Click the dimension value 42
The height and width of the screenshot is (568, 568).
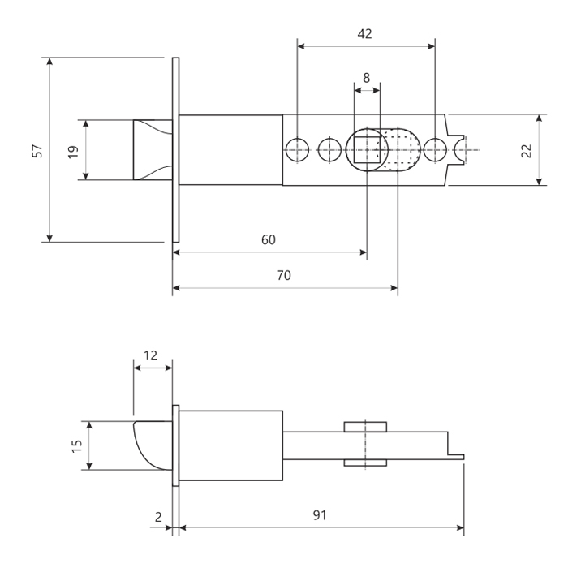pyautogui.click(x=364, y=34)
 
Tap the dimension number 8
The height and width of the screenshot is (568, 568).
pyautogui.click(x=366, y=78)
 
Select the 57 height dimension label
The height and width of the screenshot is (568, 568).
pyautogui.click(x=37, y=151)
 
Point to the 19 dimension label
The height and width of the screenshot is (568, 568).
pyautogui.click(x=73, y=151)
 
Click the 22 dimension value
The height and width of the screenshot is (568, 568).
pyautogui.click(x=527, y=151)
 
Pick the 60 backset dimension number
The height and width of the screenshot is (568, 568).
pyautogui.click(x=269, y=240)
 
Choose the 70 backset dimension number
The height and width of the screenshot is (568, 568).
pyautogui.click(x=284, y=276)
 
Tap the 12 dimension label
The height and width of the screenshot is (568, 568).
pyautogui.click(x=150, y=355)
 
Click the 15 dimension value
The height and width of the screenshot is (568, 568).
pyautogui.click(x=77, y=446)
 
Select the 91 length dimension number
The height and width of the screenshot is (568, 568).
pyautogui.click(x=320, y=515)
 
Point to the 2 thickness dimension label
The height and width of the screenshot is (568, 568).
pyautogui.click(x=158, y=517)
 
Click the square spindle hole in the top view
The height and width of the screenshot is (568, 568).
pyautogui.click(x=367, y=150)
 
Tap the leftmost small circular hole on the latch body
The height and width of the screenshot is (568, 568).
pyautogui.click(x=298, y=149)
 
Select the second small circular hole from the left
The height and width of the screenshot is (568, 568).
pyautogui.click(x=329, y=149)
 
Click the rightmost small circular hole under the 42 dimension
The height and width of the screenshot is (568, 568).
pyautogui.click(x=435, y=149)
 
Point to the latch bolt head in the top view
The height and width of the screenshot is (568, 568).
pyautogui.click(x=153, y=150)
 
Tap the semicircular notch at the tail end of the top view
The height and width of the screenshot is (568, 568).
pyautogui.click(x=456, y=150)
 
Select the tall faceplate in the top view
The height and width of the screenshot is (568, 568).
pyautogui.click(x=176, y=150)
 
